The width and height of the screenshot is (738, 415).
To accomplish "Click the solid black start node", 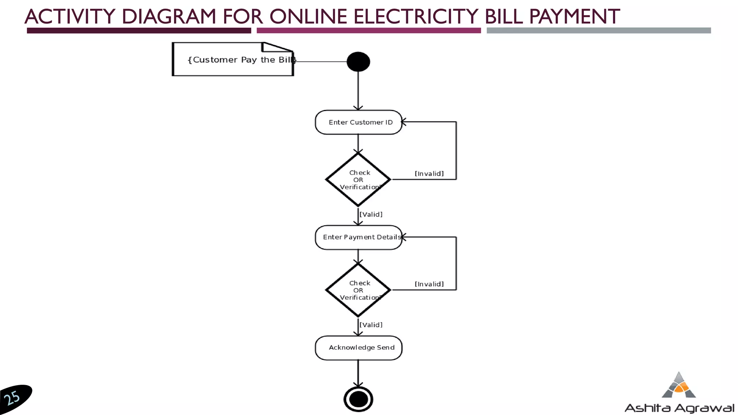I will tap(358, 62).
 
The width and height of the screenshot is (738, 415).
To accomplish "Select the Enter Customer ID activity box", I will tap(359, 122).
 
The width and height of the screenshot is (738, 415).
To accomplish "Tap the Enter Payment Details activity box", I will tap(359, 237).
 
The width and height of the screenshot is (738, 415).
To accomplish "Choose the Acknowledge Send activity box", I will tap(359, 348).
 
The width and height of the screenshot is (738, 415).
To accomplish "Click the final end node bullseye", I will tap(358, 399).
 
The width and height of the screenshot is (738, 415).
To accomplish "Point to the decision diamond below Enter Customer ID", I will tap(358, 179).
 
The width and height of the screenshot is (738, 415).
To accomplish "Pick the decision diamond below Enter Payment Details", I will tap(358, 290).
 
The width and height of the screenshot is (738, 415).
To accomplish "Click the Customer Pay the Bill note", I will tap(233, 60).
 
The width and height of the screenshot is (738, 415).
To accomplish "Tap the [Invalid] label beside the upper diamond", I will tap(429, 174).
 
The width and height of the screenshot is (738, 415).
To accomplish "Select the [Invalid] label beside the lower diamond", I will tap(429, 284).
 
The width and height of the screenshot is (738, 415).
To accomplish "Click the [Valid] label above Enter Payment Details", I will tap(371, 214).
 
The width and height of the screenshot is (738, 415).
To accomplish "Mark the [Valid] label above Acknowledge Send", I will tap(371, 325).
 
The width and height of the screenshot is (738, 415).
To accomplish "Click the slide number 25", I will tap(13, 398).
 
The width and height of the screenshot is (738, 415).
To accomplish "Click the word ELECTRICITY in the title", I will tap(415, 17).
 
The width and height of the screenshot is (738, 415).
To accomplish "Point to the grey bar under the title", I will tap(599, 31).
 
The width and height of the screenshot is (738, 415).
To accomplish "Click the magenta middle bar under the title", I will tap(369, 31).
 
